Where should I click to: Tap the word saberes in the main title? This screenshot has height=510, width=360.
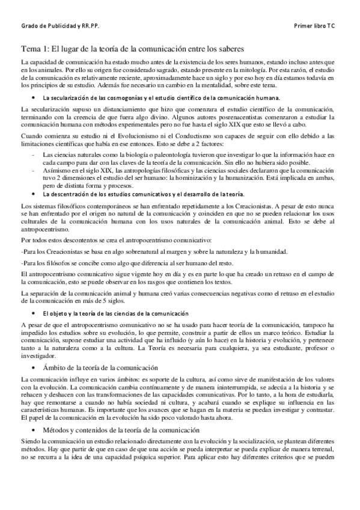point(228,49)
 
